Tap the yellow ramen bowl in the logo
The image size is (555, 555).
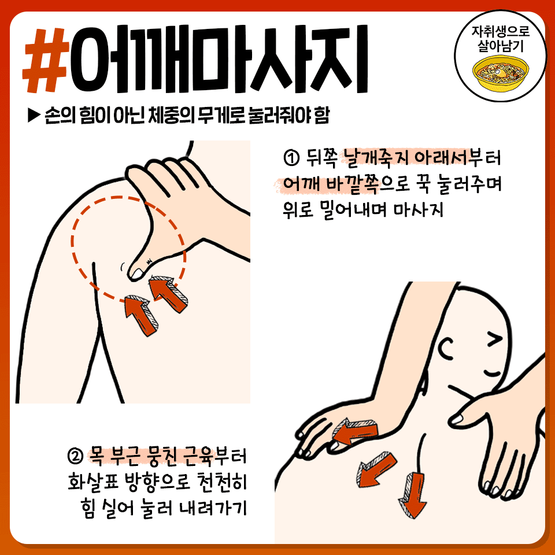501,74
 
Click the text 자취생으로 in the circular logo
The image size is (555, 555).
500,31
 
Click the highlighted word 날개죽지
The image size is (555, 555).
375,158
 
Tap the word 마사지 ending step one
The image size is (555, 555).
419,210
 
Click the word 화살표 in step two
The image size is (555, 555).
92,482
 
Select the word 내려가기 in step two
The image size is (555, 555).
212,508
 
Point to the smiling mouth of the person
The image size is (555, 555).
493,373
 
